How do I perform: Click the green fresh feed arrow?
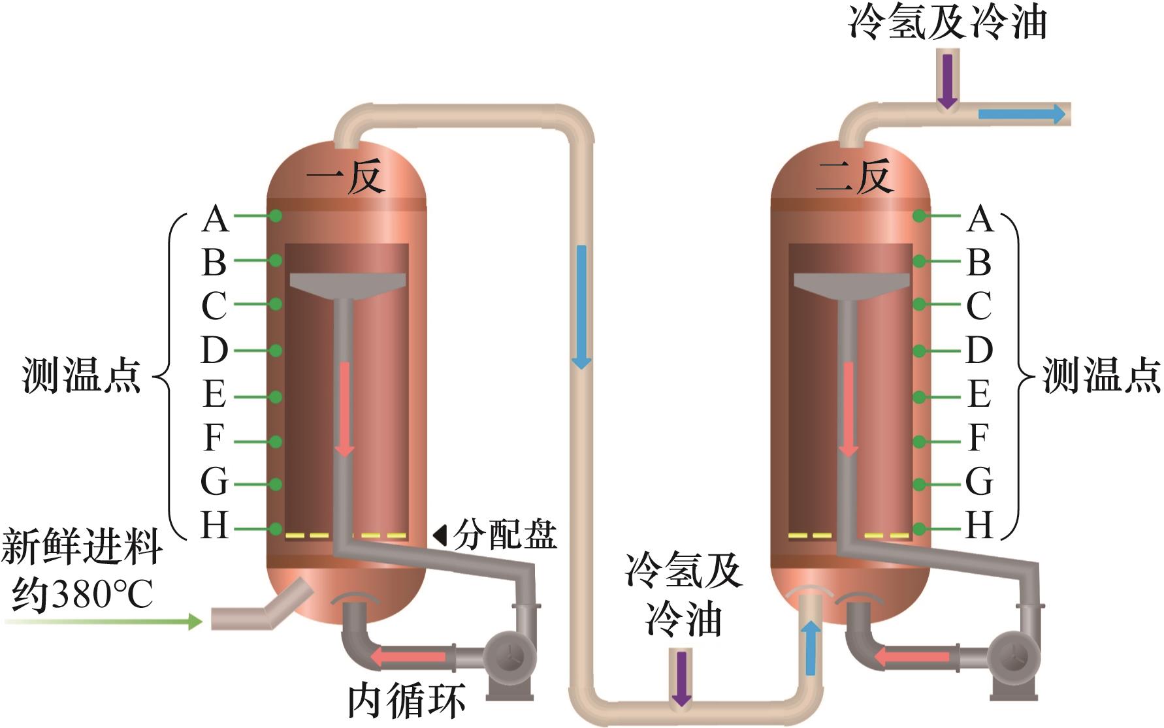click(x=105, y=621)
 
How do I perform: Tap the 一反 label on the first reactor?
click(x=345, y=176)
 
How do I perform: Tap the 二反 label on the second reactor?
click(x=854, y=176)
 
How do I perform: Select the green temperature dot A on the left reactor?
click(x=276, y=215)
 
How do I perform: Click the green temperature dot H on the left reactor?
click(x=276, y=528)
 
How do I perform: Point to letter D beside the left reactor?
click(x=214, y=351)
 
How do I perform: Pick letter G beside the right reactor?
click(x=978, y=483)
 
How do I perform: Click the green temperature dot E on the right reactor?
click(x=919, y=397)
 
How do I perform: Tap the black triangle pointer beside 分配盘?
click(x=440, y=535)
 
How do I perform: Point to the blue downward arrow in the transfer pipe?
click(x=581, y=307)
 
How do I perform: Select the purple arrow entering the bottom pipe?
click(x=681, y=679)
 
